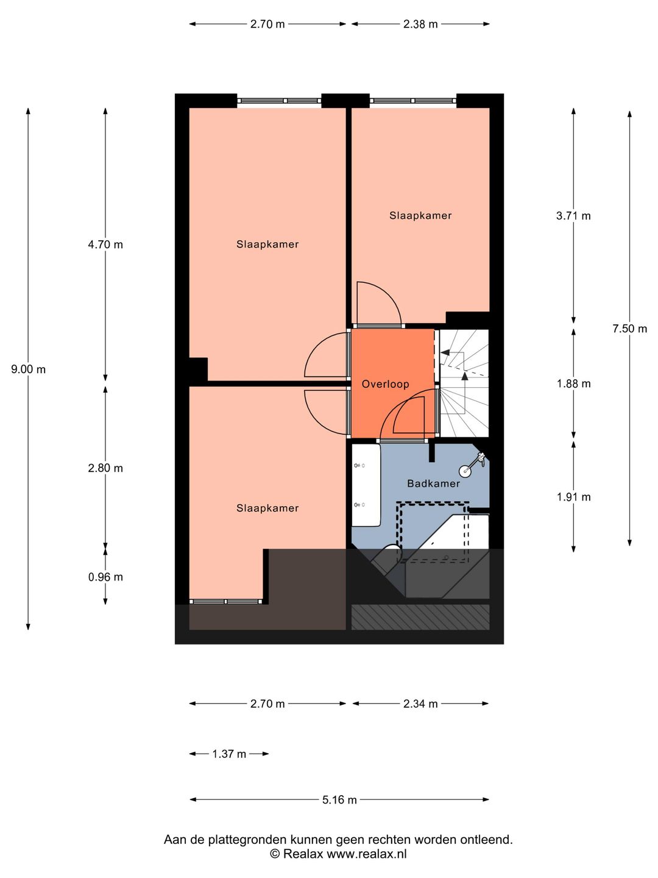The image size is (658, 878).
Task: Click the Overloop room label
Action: click(x=385, y=384)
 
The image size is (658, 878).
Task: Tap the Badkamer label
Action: click(x=433, y=484)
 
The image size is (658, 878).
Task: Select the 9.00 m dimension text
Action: click(x=28, y=369)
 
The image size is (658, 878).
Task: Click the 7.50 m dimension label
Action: click(x=629, y=329)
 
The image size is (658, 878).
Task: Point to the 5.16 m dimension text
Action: click(x=339, y=800)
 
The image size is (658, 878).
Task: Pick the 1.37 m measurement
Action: click(x=229, y=754)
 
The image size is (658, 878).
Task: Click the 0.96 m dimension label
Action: click(x=105, y=577)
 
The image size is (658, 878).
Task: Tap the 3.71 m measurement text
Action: click(x=573, y=216)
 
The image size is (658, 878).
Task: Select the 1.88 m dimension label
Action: click(x=573, y=384)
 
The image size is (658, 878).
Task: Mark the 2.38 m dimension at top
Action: click(x=420, y=24)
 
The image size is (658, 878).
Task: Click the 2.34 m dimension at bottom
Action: click(x=420, y=704)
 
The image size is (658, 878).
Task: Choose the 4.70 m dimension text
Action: click(x=105, y=244)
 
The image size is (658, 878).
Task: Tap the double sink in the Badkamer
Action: click(x=366, y=485)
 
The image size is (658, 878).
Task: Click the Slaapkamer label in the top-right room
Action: click(x=420, y=215)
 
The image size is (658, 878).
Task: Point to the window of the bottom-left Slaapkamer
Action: click(x=225, y=602)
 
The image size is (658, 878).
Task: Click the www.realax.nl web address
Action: click(x=367, y=854)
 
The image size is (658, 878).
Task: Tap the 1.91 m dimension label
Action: click(x=573, y=497)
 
